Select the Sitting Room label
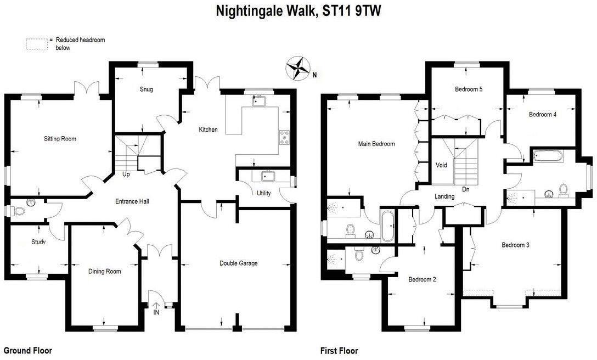60,139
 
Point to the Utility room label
263,193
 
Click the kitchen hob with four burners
285,137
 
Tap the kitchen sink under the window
257,100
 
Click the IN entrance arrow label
156,312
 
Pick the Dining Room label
104,271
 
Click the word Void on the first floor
441,165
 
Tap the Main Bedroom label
376,144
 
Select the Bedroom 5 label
469,89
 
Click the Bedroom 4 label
543,115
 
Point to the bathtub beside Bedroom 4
547,156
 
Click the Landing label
444,196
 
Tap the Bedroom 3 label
515,245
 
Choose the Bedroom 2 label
422,279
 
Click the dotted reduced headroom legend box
36,44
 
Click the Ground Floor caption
27,351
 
